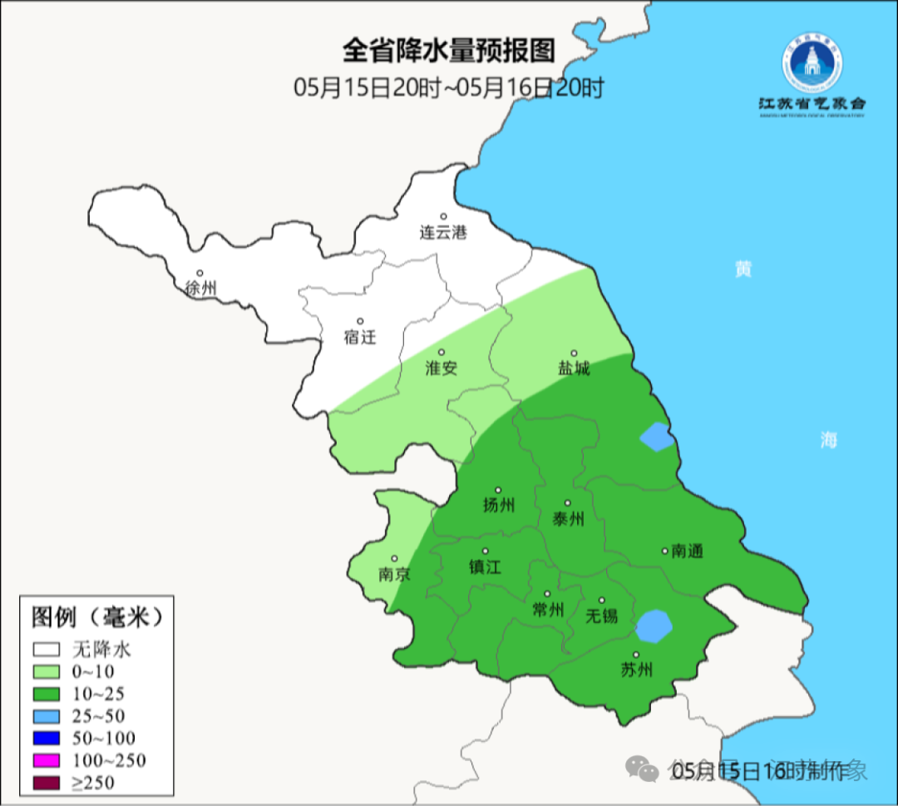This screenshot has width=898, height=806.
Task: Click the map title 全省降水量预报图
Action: [448, 51]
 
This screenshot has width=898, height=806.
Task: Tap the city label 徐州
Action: [201, 289]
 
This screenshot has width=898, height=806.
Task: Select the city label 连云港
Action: [443, 232]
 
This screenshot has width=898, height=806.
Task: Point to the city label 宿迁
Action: [360, 337]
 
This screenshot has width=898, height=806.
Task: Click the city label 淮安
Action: [442, 368]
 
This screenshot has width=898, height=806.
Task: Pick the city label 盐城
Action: [574, 368]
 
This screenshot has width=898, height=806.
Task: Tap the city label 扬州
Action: [499, 505]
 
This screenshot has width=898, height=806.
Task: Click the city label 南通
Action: [687, 551]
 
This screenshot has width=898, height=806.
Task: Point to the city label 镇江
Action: [485, 566]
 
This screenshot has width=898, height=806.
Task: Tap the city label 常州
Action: [548, 610]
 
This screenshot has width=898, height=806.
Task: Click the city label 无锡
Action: [602, 616]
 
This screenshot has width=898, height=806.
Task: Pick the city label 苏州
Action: [637, 670]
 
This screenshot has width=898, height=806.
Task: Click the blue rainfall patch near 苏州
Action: [654, 626]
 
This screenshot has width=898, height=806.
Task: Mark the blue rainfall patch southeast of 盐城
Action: [657, 436]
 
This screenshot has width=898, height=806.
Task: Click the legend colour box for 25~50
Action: [47, 716]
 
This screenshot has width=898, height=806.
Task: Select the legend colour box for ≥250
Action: [47, 783]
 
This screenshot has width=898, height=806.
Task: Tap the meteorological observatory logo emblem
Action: [812, 65]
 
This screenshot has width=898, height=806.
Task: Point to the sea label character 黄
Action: [743, 269]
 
